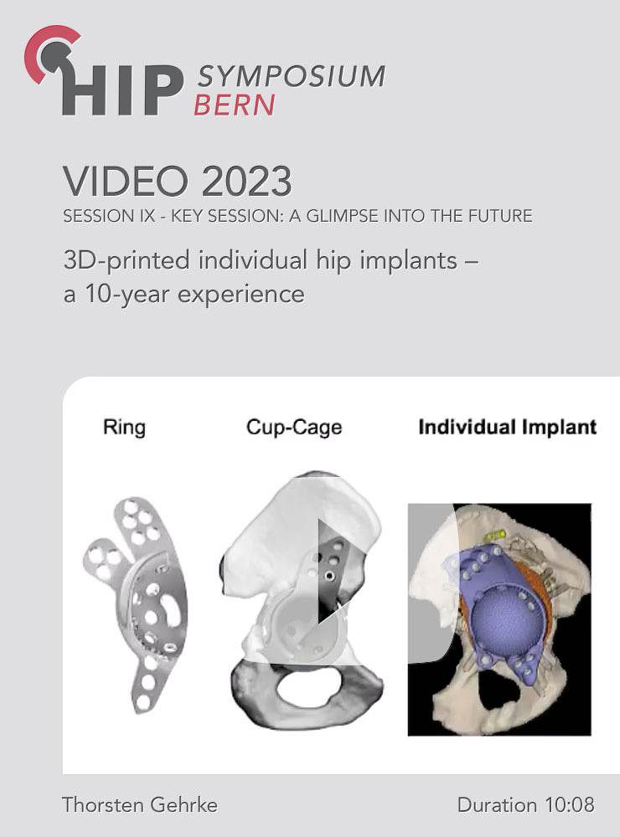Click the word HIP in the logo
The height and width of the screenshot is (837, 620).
[122, 90]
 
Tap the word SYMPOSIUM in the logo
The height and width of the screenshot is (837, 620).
[292, 76]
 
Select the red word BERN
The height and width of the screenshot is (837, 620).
[234, 105]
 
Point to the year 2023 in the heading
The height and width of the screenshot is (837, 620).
[246, 182]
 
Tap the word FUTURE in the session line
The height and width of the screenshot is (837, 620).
[500, 216]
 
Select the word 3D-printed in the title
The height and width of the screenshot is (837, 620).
[127, 261]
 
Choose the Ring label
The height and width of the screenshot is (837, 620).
[124, 427]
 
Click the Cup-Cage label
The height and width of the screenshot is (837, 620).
[294, 428]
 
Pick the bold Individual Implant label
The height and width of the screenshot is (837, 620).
[507, 427]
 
